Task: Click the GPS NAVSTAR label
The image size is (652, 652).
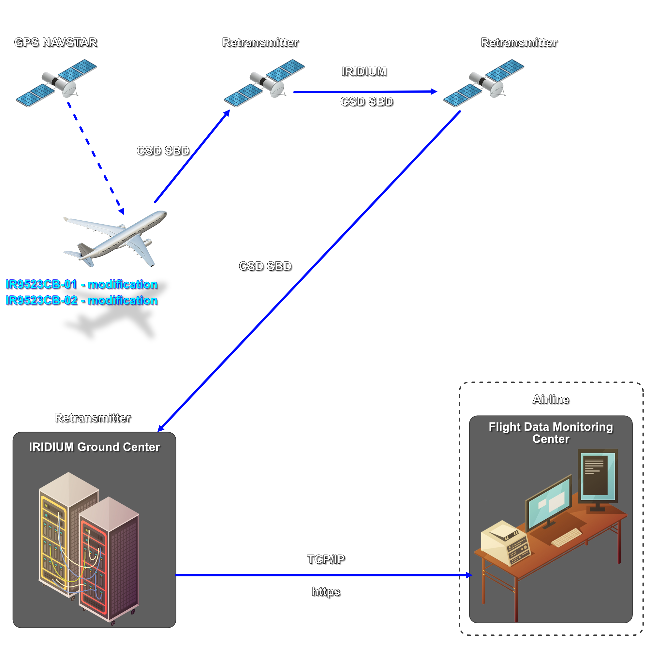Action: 56,42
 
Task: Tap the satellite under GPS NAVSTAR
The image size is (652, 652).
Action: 57,83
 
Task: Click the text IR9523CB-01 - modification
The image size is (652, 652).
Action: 81,284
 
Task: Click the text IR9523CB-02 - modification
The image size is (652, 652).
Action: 81,300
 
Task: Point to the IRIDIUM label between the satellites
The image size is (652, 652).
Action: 364,71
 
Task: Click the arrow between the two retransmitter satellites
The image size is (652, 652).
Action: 364,92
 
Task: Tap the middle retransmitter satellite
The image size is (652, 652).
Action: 265,83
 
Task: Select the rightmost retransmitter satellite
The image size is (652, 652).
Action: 484,83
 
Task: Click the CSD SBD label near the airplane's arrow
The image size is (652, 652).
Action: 163,151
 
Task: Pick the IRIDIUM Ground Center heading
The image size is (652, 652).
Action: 94,447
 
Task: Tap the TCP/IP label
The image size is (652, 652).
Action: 326,559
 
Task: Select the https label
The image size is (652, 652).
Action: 326,592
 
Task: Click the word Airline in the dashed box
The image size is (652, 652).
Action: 550,399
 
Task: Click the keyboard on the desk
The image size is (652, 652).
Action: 567,537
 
